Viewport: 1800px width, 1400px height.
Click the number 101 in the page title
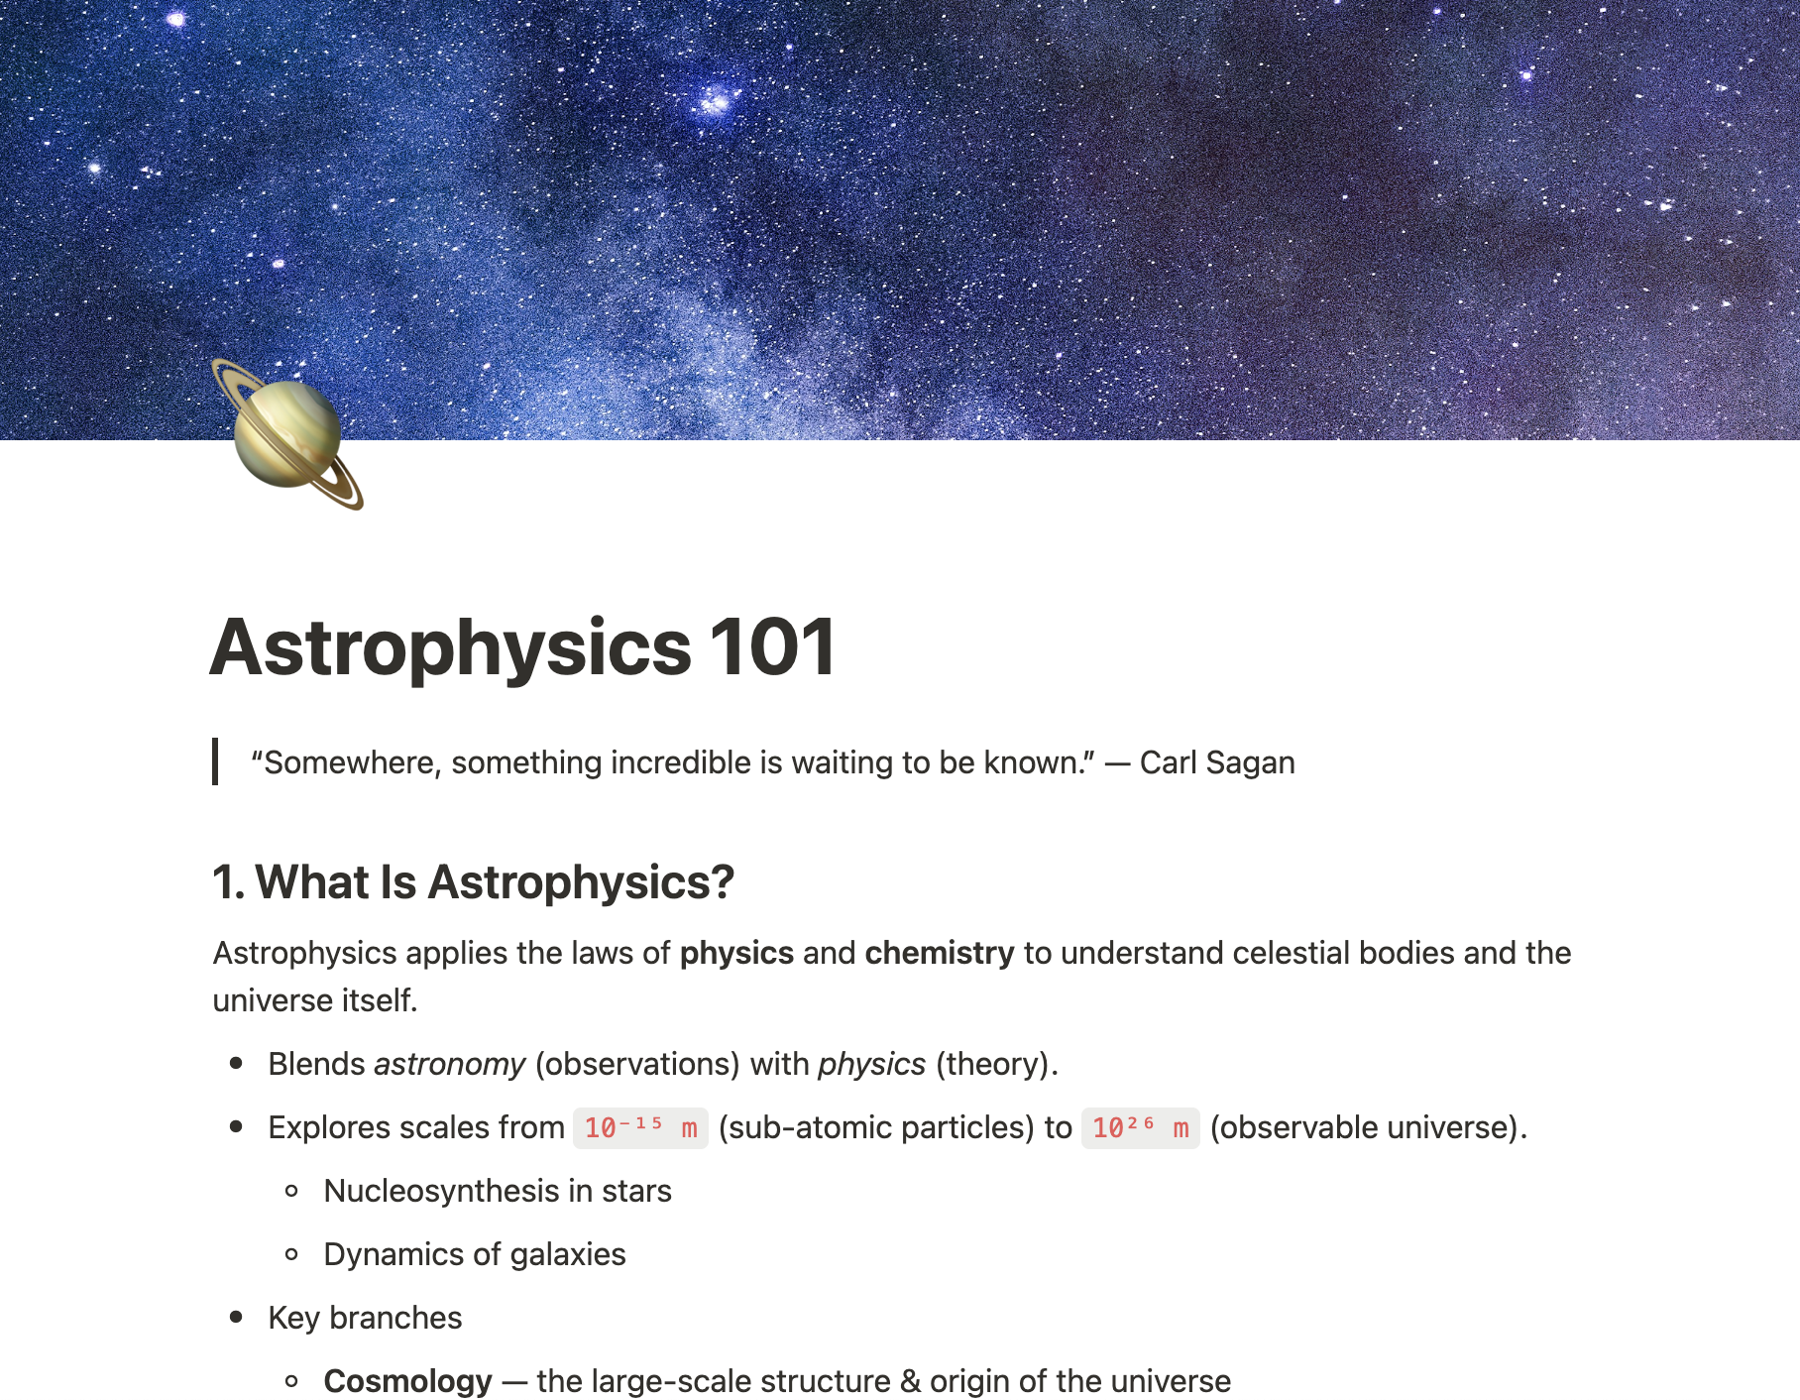[773, 647]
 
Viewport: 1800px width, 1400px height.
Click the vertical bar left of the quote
[215, 761]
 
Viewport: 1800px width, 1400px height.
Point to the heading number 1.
[227, 881]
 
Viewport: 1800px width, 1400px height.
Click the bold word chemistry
[940, 953]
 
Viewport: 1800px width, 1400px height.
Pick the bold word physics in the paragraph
[736, 953]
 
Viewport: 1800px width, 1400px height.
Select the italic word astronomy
[449, 1065]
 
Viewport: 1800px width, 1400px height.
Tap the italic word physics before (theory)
[871, 1065]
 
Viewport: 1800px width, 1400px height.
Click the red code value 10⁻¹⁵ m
[640, 1128]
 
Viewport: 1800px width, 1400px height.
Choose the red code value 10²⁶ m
[1140, 1128]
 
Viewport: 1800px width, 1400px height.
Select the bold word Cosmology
[407, 1381]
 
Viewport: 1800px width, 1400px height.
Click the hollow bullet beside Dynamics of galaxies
[291, 1254]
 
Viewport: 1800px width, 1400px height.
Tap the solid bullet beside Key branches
[236, 1318]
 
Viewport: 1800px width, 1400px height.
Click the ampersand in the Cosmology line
[910, 1381]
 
